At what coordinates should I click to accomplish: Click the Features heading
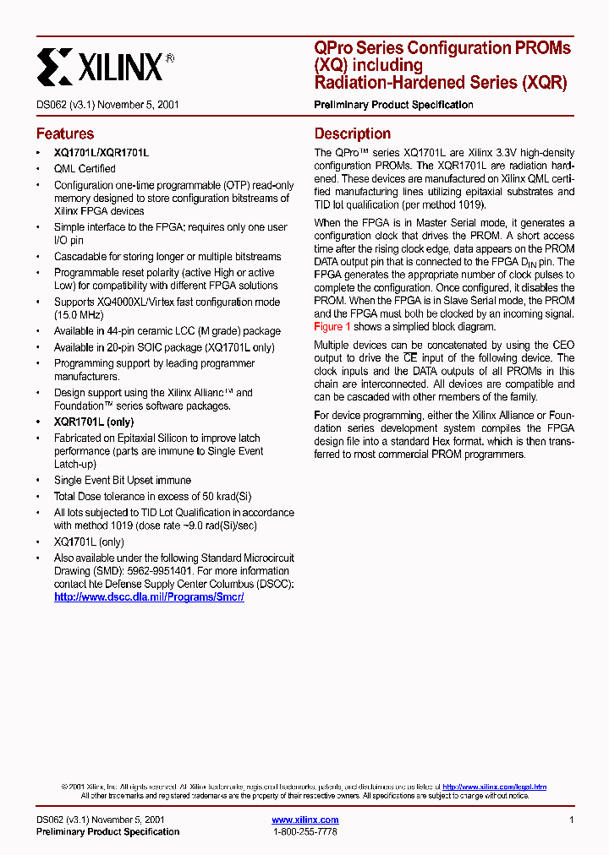pyautogui.click(x=65, y=133)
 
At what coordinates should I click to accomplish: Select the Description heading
pyautogui.click(x=353, y=133)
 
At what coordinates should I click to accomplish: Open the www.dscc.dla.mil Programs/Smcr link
pyautogui.click(x=149, y=596)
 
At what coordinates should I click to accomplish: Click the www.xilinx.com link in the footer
pyautogui.click(x=304, y=820)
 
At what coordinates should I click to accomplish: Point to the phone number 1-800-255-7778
pyautogui.click(x=304, y=832)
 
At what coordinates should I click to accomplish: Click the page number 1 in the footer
pyautogui.click(x=572, y=820)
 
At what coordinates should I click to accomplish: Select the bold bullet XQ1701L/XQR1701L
pyautogui.click(x=101, y=152)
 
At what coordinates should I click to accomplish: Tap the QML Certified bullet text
pyautogui.click(x=85, y=168)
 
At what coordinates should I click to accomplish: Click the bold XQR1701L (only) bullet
pyautogui.click(x=94, y=422)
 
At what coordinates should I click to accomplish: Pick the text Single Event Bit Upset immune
pyautogui.click(x=123, y=480)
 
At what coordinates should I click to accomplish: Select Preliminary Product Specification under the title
pyautogui.click(x=393, y=105)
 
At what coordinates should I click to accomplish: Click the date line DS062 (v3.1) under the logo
pyautogui.click(x=107, y=105)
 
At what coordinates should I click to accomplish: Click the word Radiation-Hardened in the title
pyautogui.click(x=387, y=83)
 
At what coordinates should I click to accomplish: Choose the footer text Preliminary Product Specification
pyautogui.click(x=107, y=832)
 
